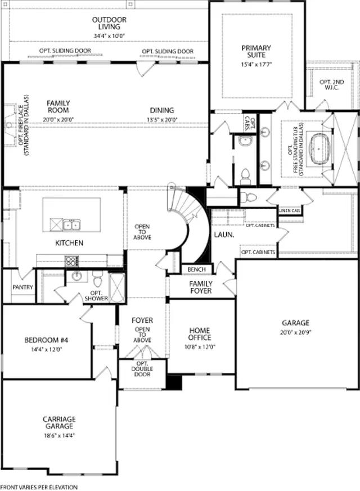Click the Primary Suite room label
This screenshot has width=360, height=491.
pyautogui.click(x=256, y=51)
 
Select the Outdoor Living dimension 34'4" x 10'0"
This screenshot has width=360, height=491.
pyautogui.click(x=109, y=35)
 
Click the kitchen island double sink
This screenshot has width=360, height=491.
pyautogui.click(x=71, y=224)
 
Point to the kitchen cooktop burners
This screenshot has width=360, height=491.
pyautogui.click(x=71, y=261)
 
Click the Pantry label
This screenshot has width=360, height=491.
pyautogui.click(x=23, y=287)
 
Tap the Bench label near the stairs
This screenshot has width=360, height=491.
pyautogui.click(x=196, y=269)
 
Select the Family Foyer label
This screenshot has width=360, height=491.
pyautogui.click(x=201, y=287)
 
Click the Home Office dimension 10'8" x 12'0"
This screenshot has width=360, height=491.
pyautogui.click(x=200, y=346)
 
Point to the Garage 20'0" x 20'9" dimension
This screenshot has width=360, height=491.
pyautogui.click(x=295, y=332)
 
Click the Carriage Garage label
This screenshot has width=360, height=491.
pyautogui.click(x=60, y=422)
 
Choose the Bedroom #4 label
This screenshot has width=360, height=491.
pyautogui.click(x=46, y=340)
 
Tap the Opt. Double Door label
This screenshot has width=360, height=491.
pyautogui.click(x=142, y=368)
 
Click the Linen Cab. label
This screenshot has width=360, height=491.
pyautogui.click(x=290, y=211)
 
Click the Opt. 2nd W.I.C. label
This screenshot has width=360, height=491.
pyautogui.click(x=331, y=84)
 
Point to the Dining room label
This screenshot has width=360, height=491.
pyautogui.click(x=162, y=110)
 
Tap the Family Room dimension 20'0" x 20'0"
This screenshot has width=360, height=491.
pyautogui.click(x=58, y=119)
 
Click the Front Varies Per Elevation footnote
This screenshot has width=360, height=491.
pyautogui.click(x=39, y=487)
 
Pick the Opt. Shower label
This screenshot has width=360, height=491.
pyautogui.click(x=96, y=296)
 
